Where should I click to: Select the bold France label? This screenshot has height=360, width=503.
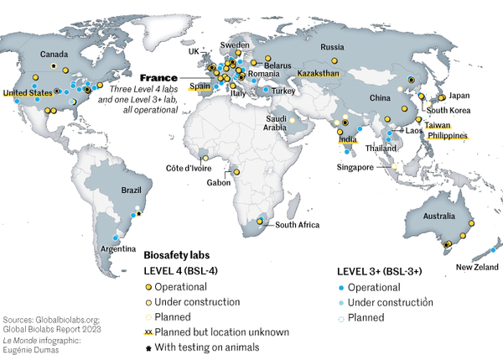click(161, 76)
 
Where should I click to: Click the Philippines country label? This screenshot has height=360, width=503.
click(446, 134)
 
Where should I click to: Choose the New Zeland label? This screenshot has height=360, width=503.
click(477, 267)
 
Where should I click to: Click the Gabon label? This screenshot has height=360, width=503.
click(219, 183)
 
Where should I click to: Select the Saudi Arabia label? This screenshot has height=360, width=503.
click(277, 123)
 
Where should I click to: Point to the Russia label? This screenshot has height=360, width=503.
click(333, 46)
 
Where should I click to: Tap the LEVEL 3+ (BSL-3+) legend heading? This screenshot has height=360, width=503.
click(379, 272)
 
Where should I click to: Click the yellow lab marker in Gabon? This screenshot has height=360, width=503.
click(237, 172)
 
